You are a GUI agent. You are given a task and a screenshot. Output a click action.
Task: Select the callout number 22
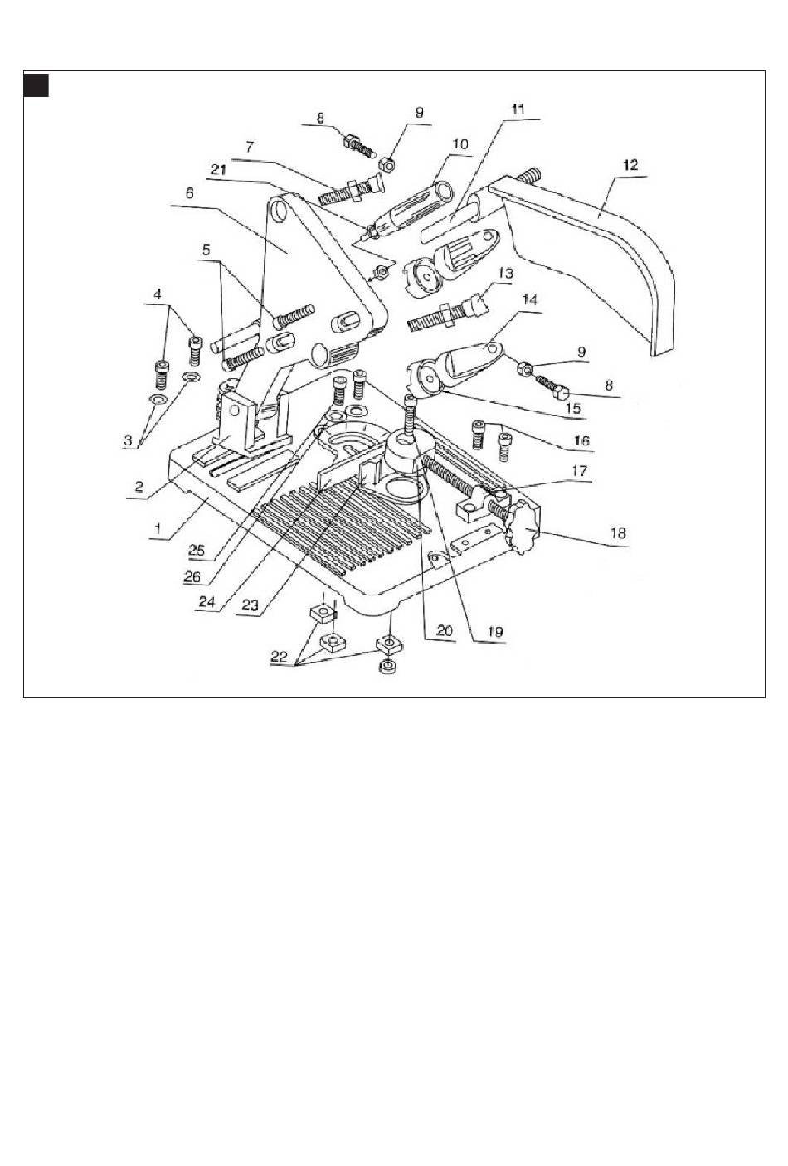click(x=282, y=655)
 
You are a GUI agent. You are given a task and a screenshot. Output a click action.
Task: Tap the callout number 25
click(x=197, y=549)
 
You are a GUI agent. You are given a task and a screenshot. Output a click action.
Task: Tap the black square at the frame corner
click(x=36, y=85)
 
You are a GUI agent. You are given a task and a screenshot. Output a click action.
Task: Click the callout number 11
click(x=518, y=109)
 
